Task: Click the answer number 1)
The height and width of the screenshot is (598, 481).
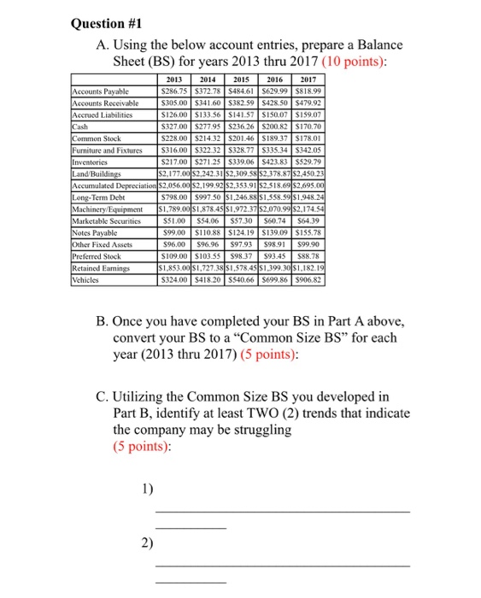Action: tap(148, 490)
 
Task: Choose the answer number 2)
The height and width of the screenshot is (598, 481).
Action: tap(148, 542)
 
